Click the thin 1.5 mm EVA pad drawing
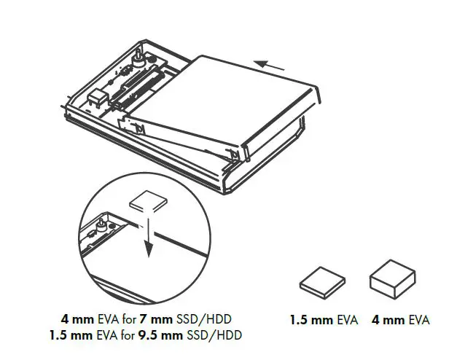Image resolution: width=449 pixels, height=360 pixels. (321, 279)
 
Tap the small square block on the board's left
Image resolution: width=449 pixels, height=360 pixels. (97, 97)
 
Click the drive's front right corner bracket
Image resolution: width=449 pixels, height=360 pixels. (235, 154)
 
